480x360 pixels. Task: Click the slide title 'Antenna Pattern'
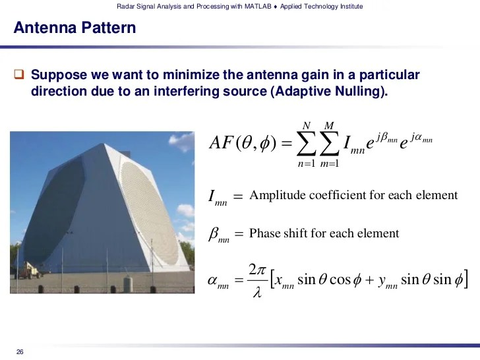click(x=75, y=28)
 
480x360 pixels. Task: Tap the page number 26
click(x=20, y=351)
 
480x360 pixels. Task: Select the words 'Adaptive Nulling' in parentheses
click(x=326, y=92)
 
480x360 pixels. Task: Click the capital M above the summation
click(x=329, y=125)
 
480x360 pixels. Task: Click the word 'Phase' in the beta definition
click(x=265, y=233)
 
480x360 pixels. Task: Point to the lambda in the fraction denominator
click(x=257, y=292)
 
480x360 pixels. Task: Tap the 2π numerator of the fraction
click(x=257, y=270)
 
